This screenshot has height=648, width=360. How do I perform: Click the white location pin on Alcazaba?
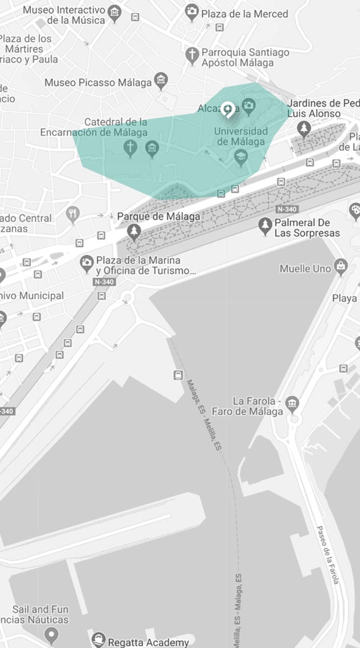228,109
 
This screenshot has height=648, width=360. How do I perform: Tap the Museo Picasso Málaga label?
98,83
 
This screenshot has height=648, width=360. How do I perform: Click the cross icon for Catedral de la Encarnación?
130,148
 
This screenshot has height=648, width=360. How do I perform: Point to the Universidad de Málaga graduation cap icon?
241,156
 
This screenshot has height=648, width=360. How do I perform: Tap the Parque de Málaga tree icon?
134,231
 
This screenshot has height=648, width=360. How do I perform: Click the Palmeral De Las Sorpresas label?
307,228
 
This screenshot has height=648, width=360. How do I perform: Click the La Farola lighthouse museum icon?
292,403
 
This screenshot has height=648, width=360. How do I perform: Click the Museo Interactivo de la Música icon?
114,12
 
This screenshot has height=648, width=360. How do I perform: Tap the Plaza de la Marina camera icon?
87,262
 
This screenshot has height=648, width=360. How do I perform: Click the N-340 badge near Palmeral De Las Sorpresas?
286,209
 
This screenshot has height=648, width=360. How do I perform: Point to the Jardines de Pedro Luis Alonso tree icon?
304,129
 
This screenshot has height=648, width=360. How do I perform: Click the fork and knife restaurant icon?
73,214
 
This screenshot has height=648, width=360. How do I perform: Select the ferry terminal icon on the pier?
178,375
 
